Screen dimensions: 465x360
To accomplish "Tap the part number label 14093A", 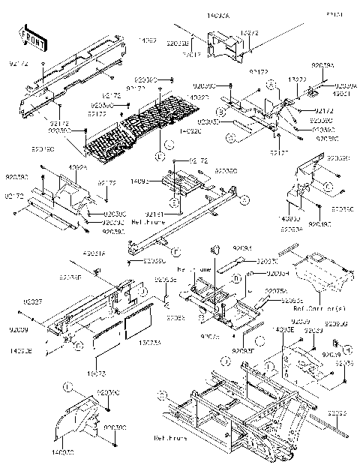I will pos(220,14).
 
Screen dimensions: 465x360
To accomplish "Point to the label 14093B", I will pos(21,349).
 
